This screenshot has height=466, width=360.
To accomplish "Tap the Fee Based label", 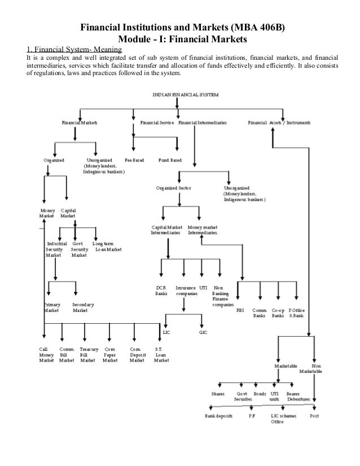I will point(134,160).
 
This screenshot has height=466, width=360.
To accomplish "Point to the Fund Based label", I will point(169,160).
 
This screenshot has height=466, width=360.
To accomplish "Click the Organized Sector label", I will point(173,188).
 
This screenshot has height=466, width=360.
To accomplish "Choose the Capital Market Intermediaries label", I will point(165,230).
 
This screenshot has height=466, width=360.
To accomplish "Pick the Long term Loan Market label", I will point(107,247).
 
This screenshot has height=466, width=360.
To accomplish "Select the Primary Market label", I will point(51,307).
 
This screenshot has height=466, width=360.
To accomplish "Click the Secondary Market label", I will point(83,307).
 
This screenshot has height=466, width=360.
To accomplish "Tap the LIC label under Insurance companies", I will point(166,332).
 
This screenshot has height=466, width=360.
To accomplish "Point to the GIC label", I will point(203,332).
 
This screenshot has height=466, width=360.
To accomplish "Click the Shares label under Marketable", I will point(218,394).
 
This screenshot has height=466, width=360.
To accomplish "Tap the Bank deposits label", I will point(217,416).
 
